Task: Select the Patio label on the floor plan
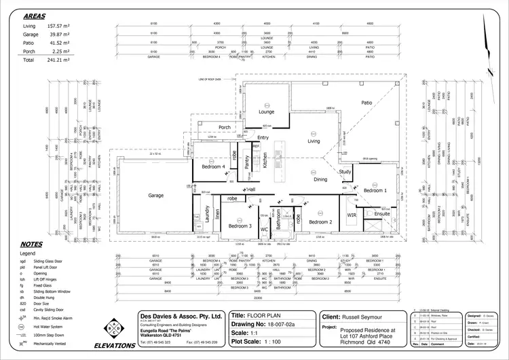pyautogui.click(x=366, y=103)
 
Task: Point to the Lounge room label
pyautogui.click(x=266, y=111)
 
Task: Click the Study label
pyautogui.click(x=345, y=172)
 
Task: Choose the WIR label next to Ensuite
pyautogui.click(x=352, y=215)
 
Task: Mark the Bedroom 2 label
pyautogui.click(x=320, y=222)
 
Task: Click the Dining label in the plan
pyautogui.click(x=320, y=180)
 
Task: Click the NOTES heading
pyautogui.click(x=32, y=244)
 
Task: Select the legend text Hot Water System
pyautogui.click(x=55, y=326)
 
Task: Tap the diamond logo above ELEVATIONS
pyautogui.click(x=115, y=329)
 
